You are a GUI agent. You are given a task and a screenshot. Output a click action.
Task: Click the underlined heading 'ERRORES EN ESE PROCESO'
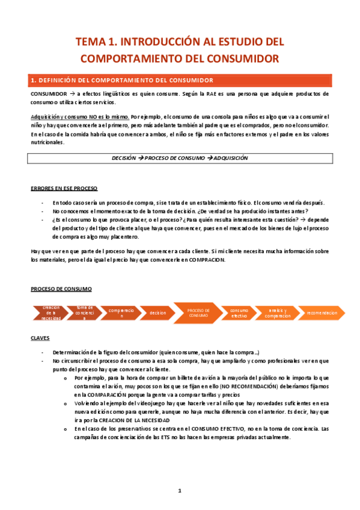tap(64, 188)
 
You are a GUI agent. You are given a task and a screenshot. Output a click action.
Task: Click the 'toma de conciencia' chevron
tap(85, 313)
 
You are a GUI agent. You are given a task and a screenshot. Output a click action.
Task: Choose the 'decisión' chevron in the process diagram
tap(157, 313)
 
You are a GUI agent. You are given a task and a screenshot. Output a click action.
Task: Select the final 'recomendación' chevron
tap(322, 313)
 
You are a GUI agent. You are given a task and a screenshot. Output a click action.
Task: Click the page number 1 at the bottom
tap(180, 491)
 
